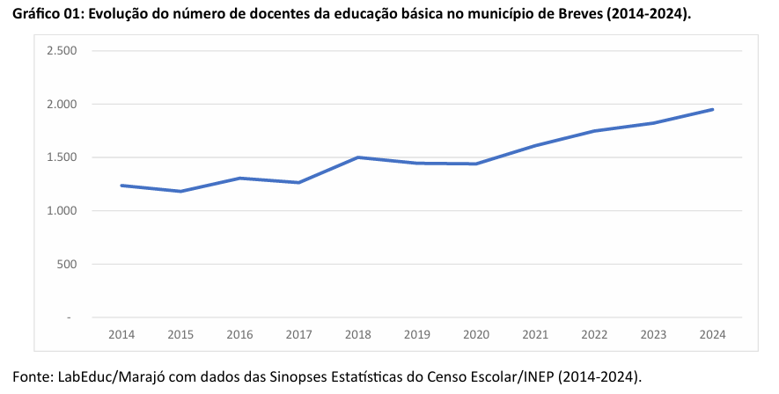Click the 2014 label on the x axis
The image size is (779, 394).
pos(121,335)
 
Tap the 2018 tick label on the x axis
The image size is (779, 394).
pos(358,335)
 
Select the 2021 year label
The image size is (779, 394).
pos(535,335)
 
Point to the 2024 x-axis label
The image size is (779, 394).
pos(712,335)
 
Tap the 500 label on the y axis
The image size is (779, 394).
pos(70,264)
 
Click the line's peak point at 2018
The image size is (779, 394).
pos(358,157)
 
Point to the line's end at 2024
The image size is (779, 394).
pos(712,109)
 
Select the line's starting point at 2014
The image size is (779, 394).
pos(121,186)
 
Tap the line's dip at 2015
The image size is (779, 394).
pos(180,191)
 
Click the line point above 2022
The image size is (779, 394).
pos(594,131)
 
